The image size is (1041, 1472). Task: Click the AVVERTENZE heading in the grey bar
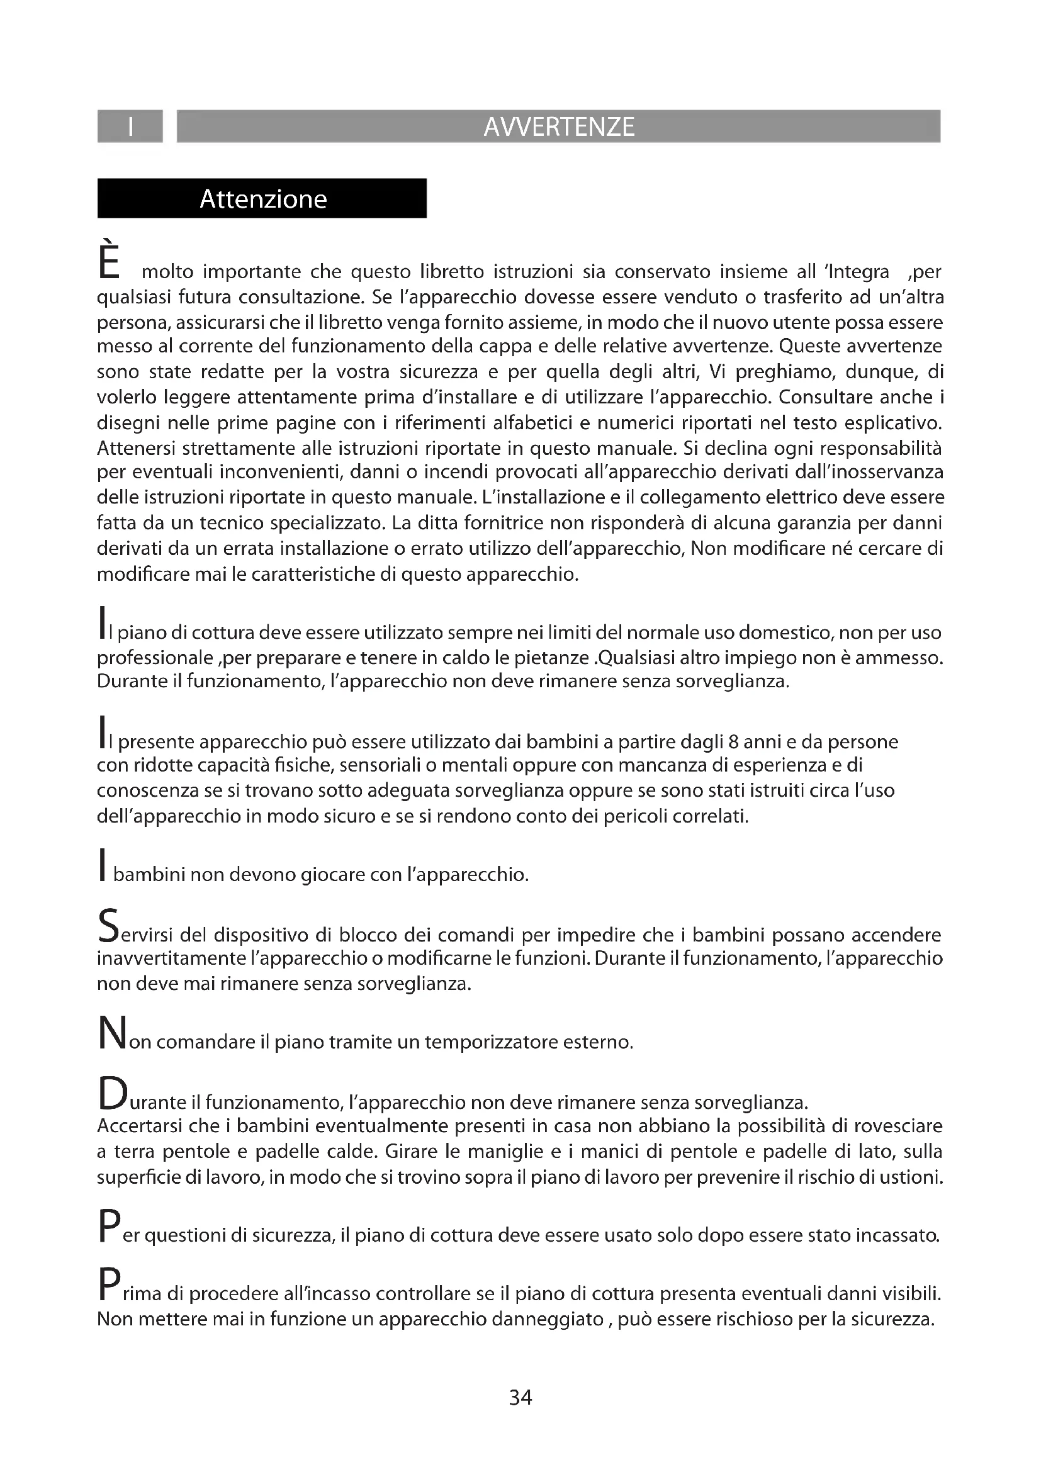[x=558, y=127]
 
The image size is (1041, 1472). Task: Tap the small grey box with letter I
[x=130, y=126]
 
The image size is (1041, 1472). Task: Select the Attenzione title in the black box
[x=263, y=199]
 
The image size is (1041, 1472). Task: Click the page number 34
[x=520, y=1397]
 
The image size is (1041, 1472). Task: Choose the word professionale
[x=154, y=658]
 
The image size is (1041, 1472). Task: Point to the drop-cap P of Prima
[x=108, y=1285]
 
